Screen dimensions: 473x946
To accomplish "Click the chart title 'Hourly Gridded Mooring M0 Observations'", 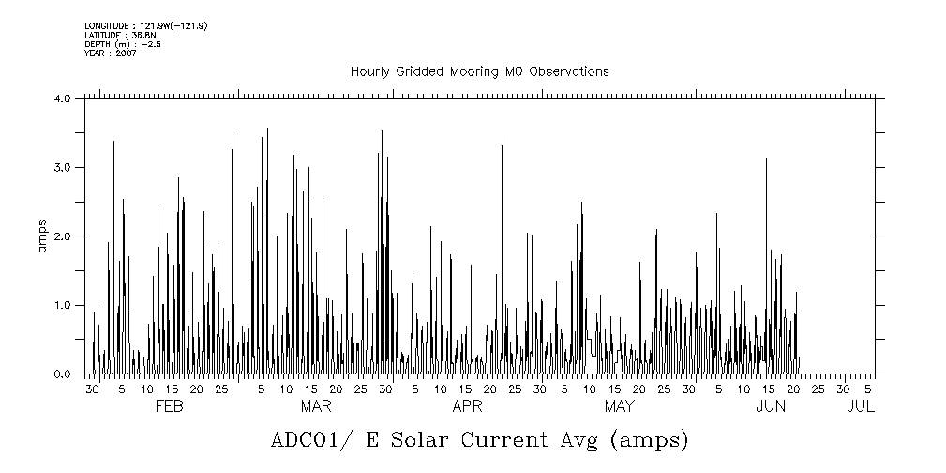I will click(479, 71).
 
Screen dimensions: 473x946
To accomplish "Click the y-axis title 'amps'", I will click(42, 236).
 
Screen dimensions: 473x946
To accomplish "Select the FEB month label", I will click(169, 406).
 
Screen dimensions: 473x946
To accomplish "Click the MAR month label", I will click(316, 406).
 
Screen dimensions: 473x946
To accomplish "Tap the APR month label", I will click(467, 406).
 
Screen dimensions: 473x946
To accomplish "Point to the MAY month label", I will click(619, 406).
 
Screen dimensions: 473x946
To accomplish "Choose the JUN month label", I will click(771, 406).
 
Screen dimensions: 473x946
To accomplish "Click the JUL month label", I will click(861, 406).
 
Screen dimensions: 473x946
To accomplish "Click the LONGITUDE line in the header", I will click(145, 25).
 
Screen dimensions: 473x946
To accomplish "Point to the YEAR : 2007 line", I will click(110, 53).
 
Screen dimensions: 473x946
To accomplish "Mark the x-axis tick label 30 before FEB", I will click(92, 389).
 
